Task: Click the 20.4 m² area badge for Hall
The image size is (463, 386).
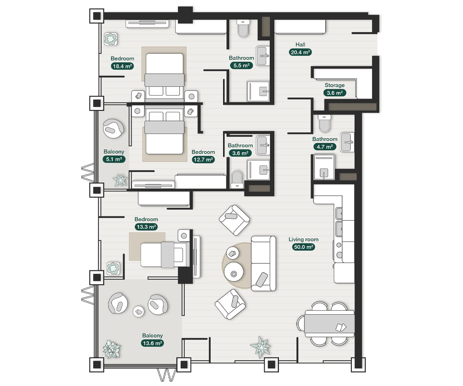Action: [300, 52]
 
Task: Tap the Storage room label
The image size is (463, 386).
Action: [335, 85]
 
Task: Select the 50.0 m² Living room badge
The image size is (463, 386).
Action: [303, 247]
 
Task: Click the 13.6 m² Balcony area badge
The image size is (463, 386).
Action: [152, 343]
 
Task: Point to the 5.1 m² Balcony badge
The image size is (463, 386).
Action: [114, 159]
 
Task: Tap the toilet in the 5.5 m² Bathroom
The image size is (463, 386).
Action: [243, 28]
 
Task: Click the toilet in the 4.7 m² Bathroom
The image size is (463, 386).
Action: [324, 124]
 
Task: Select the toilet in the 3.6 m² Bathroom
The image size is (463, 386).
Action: [237, 179]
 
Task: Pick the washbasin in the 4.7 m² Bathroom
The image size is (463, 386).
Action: [347, 142]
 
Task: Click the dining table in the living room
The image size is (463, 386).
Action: [329, 324]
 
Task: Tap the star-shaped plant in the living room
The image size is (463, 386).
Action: [260, 347]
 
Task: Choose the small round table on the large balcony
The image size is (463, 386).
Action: [139, 312]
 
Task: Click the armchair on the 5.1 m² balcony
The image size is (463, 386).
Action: [113, 129]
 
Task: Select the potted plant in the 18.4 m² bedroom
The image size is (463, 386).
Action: [111, 39]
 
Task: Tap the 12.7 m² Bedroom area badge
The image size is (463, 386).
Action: [203, 159]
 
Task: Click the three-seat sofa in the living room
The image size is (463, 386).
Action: [264, 264]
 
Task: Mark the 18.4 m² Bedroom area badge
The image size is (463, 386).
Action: [122, 66]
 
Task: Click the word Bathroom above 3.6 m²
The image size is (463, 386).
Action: [240, 146]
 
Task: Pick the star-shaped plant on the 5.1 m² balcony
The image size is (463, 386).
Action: [120, 180]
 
